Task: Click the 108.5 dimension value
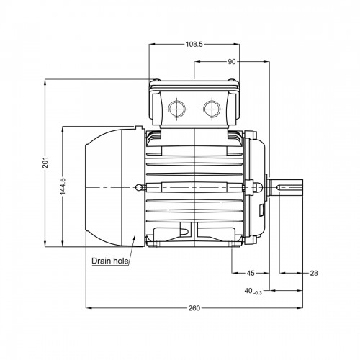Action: tap(194, 45)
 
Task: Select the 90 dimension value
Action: tap(232, 62)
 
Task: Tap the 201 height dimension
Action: tap(45, 162)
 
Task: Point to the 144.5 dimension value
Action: tap(63, 186)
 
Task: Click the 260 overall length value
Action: tap(194, 308)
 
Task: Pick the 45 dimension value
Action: tap(251, 273)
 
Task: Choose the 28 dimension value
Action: tap(314, 273)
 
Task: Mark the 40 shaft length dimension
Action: tap(248, 291)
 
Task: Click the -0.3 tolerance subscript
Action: tap(258, 293)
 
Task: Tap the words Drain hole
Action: tap(110, 261)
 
